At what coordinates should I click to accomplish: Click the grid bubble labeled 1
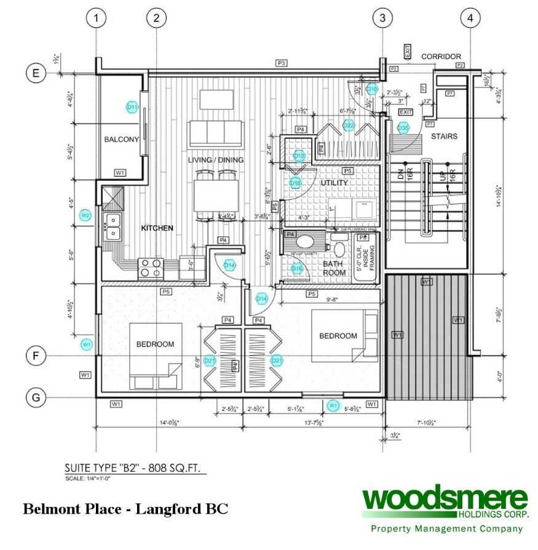point(95,18)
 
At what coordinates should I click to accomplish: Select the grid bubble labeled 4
point(470,18)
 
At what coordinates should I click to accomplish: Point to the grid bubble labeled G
point(36,397)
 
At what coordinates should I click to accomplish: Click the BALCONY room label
point(121,140)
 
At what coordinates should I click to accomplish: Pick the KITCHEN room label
point(157,228)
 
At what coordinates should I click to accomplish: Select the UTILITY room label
point(334,183)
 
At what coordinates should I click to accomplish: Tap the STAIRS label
point(443,136)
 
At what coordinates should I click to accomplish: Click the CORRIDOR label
point(441,57)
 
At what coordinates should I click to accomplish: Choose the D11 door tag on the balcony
point(132,107)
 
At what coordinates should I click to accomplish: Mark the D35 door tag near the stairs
point(403,128)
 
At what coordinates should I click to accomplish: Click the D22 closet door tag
point(349,126)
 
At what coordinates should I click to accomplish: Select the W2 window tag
point(86,215)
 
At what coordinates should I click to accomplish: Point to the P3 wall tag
point(282,63)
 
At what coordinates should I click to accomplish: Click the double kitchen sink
point(113,226)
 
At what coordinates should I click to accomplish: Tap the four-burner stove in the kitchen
point(151,268)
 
